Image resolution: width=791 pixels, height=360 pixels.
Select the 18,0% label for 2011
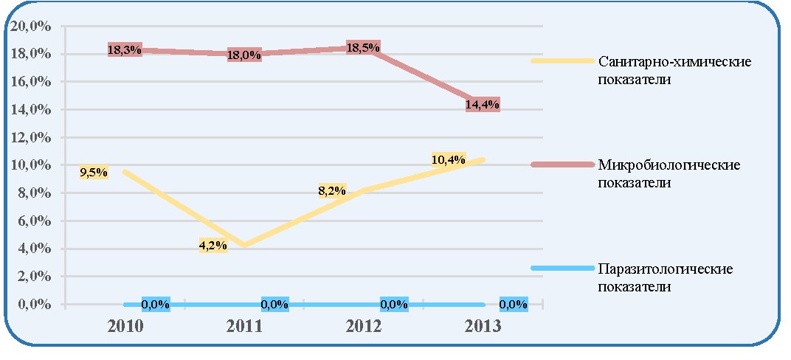pyautogui.click(x=244, y=55)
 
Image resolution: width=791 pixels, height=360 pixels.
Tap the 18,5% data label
pyautogui.click(x=363, y=47)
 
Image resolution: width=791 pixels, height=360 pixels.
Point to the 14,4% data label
pyautogui.click(x=483, y=104)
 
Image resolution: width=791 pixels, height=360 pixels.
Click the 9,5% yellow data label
pyautogui.click(x=94, y=173)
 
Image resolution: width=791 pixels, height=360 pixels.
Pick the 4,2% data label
pyautogui.click(x=213, y=246)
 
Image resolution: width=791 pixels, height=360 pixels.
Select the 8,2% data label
pyautogui.click(x=333, y=190)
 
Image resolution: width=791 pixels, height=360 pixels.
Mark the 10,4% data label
pyautogui.click(x=449, y=159)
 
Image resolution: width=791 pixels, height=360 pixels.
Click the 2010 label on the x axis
pyautogui.click(x=125, y=326)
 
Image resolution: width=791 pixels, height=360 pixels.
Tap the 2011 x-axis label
pyautogui.click(x=245, y=326)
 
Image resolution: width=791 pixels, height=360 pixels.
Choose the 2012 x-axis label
pyautogui.click(x=364, y=326)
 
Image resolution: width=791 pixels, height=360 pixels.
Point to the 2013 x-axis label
pyautogui.click(x=483, y=326)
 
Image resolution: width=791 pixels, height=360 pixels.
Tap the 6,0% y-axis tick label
pyautogui.click(x=32, y=221)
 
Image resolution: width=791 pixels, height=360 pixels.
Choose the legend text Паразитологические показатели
pyautogui.click(x=665, y=278)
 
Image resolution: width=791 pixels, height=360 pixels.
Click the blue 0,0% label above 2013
pyautogui.click(x=514, y=304)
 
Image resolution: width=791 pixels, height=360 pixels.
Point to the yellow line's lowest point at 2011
pyautogui.click(x=245, y=246)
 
